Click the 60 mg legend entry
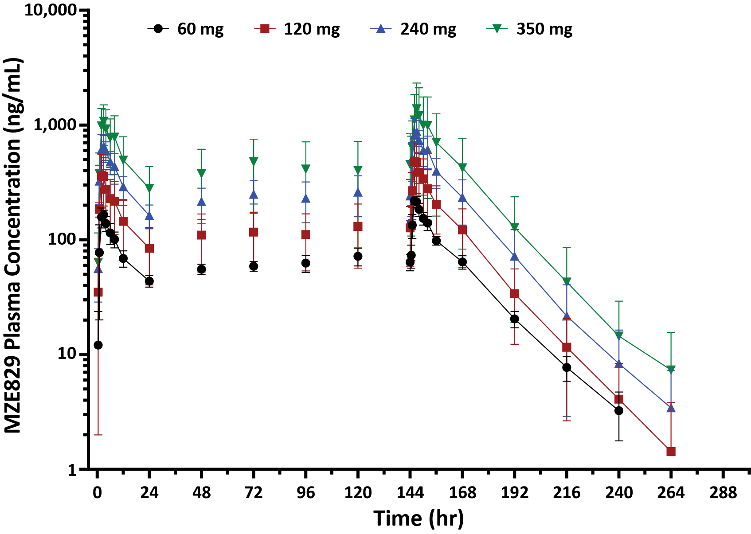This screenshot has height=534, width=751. point(186,29)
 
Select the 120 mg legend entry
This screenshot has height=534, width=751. point(297,29)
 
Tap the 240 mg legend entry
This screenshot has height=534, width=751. point(414,29)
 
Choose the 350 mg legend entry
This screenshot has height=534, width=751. point(530,29)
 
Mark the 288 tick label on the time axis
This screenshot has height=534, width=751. point(723,493)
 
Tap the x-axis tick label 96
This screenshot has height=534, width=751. point(305,493)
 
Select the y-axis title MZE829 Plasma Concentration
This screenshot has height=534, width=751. point(13,246)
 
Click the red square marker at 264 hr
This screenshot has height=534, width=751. point(671,452)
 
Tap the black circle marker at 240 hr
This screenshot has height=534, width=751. point(619,411)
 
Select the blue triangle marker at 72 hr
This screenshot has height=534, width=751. point(254,194)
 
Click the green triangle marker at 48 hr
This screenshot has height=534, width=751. point(202,173)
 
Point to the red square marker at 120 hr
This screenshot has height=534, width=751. point(358,226)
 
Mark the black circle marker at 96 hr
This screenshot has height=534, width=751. point(305,263)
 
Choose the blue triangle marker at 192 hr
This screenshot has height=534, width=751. point(514,256)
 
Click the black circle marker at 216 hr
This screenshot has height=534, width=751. point(567,367)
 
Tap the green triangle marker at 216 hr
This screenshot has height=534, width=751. point(567,281)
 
